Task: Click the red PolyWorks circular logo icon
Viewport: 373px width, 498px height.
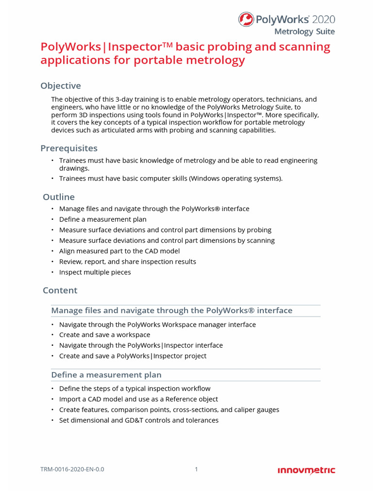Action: pyautogui.click(x=246, y=19)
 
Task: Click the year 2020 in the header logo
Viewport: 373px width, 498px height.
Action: pyautogui.click(x=323, y=19)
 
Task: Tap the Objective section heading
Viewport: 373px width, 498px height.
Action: pyautogui.click(x=61, y=86)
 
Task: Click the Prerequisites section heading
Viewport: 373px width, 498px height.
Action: pyautogui.click(x=69, y=148)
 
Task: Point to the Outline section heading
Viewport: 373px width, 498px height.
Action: pyautogui.click(x=59, y=197)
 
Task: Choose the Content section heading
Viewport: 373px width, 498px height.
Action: pyautogui.click(x=60, y=290)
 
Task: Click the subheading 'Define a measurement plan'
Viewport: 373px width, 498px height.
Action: pyautogui.click(x=106, y=375)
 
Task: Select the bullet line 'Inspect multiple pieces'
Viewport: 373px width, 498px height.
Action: pyautogui.click(x=95, y=272)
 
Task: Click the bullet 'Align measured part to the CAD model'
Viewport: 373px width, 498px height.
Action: pyautogui.click(x=119, y=251)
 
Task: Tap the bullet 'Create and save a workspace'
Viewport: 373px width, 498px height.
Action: pyautogui.click(x=104, y=335)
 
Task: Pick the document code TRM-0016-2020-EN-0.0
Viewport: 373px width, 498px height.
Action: pyautogui.click(x=72, y=470)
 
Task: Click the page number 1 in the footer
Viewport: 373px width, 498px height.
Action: pyautogui.click(x=196, y=470)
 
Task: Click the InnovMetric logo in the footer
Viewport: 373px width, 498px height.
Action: pyautogui.click(x=306, y=470)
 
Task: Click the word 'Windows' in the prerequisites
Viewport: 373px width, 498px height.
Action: pyautogui.click(x=205, y=178)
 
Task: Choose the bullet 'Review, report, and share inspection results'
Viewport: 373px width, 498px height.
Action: pyautogui.click(x=127, y=262)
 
